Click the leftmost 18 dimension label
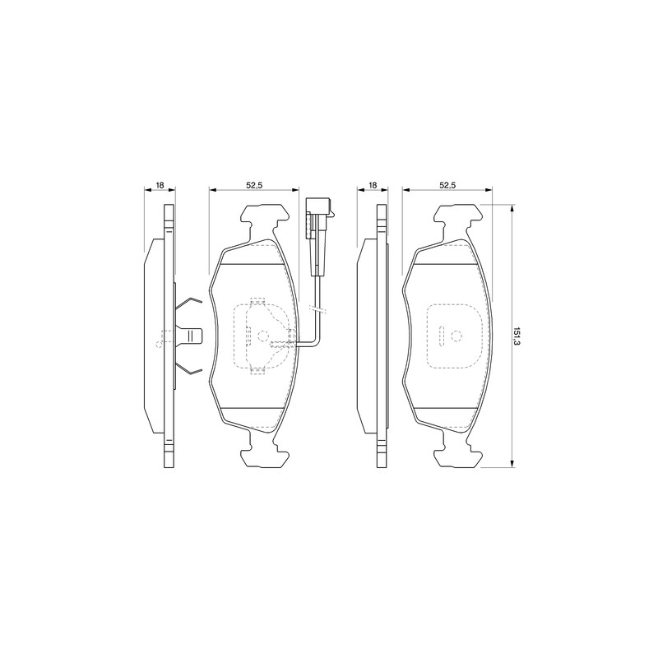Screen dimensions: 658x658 point(160,185)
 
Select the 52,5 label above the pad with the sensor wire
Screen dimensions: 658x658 point(254,185)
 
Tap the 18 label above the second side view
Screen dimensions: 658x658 point(373,185)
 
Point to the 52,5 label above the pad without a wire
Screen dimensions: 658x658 point(447,185)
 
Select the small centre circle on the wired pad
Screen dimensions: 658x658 point(262,336)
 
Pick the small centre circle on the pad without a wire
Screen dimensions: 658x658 point(456,336)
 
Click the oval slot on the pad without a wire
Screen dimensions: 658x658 point(441,336)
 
